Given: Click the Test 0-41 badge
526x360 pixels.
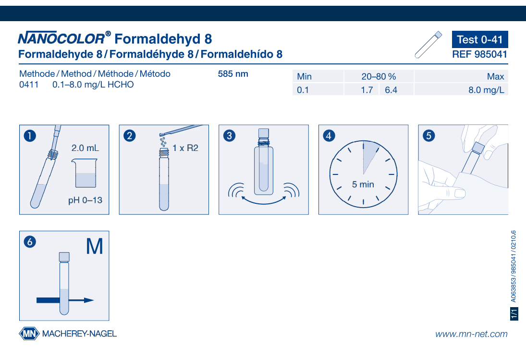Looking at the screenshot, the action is pyautogui.click(x=480, y=39).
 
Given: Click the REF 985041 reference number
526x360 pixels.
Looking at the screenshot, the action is pyautogui.click(x=480, y=54).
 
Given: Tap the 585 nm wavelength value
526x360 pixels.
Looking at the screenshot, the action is pyautogui.click(x=233, y=74).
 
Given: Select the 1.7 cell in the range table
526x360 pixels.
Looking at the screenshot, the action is pyautogui.click(x=367, y=90).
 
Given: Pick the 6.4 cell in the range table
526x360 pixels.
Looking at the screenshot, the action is pyautogui.click(x=391, y=90).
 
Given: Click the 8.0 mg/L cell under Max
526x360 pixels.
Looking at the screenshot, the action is pyautogui.click(x=486, y=90).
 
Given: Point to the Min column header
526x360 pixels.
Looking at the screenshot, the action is pyautogui.click(x=304, y=76).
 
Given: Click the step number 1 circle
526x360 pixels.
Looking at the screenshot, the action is pyautogui.click(x=30, y=136).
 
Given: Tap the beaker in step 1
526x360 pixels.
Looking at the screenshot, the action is pyautogui.click(x=85, y=173).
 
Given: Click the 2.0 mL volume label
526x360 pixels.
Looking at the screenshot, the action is pyautogui.click(x=85, y=148).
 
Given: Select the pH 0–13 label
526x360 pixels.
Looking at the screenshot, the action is pyautogui.click(x=85, y=200).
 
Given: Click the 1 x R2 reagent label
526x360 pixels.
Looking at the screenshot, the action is pyautogui.click(x=185, y=148).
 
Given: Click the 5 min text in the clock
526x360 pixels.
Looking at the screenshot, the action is pyautogui.click(x=363, y=185).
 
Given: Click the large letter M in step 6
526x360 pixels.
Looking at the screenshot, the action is pyautogui.click(x=95, y=247).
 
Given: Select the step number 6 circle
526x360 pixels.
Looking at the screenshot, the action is pyautogui.click(x=30, y=242).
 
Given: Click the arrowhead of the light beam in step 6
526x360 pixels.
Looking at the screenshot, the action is pyautogui.click(x=89, y=300).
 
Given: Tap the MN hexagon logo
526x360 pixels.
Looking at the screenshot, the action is pyautogui.click(x=29, y=334).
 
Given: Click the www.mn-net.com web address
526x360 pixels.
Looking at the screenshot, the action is pyautogui.click(x=471, y=334).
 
